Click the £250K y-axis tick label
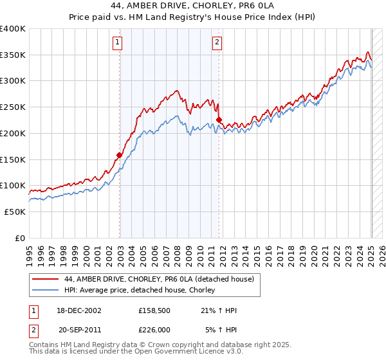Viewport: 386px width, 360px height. pyautogui.click(x=13, y=107)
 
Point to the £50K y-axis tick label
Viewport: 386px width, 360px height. pyautogui.click(x=15, y=212)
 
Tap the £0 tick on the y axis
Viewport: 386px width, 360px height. pyautogui.click(x=21, y=238)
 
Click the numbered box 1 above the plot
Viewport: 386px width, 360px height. pyautogui.click(x=118, y=43)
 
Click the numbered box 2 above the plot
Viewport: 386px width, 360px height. pyautogui.click(x=217, y=43)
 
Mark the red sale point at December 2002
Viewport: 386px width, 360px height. pyautogui.click(x=120, y=155)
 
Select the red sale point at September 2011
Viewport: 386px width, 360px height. pyautogui.click(x=219, y=120)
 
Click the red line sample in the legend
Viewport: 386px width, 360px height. pyautogui.click(x=46, y=279)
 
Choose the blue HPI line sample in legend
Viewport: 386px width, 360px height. pyautogui.click(x=46, y=291)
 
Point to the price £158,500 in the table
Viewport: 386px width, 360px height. pyautogui.click(x=154, y=310)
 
